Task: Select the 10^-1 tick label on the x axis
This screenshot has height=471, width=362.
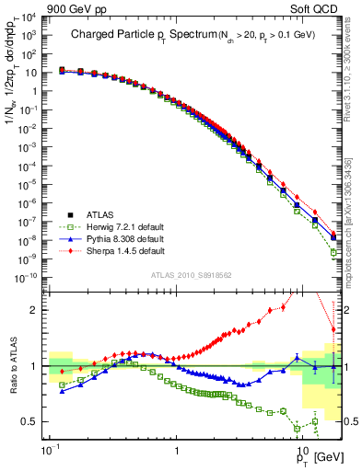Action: pyautogui.click(x=50, y=452)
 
